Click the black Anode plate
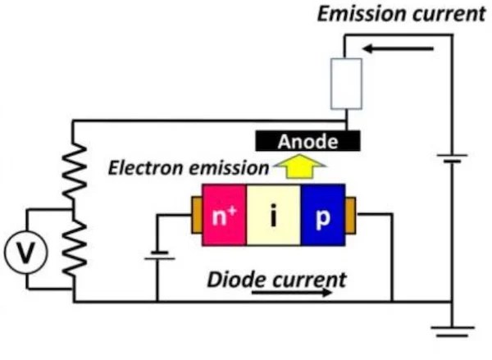click(307, 142)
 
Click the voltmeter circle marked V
click(27, 256)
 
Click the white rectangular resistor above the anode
click(344, 83)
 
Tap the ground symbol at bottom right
click(450, 331)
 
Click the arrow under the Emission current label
click(397, 48)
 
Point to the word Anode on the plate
click(307, 142)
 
